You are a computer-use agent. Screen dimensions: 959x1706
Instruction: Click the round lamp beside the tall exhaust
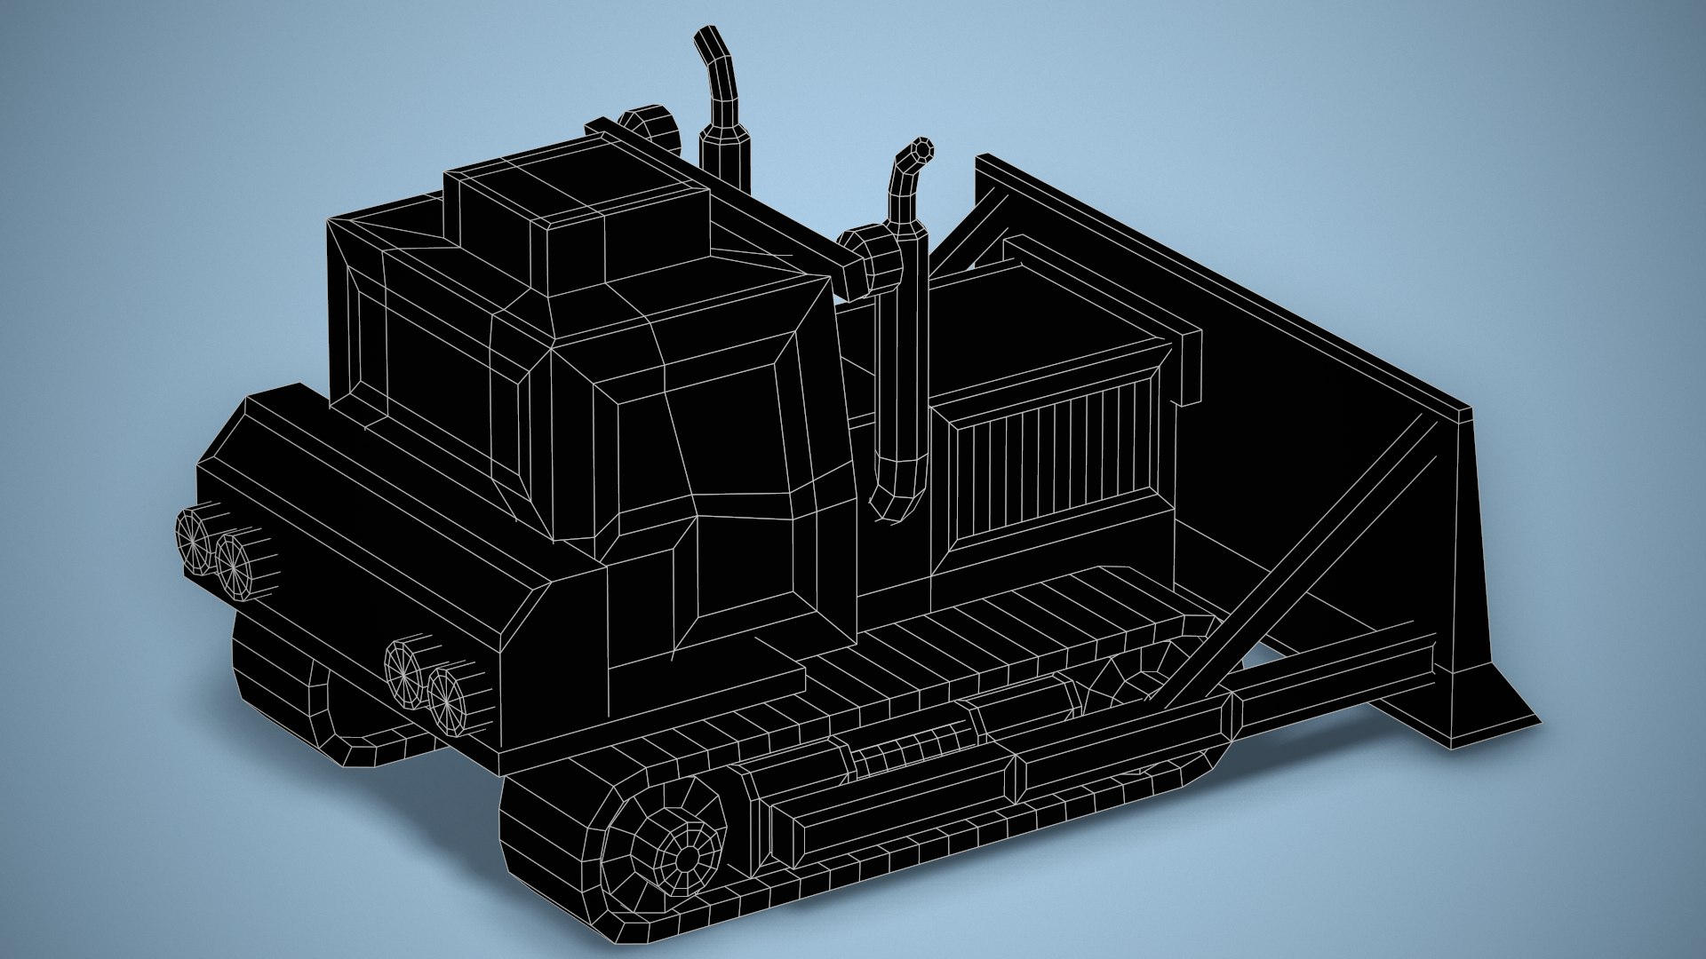coord(649,130)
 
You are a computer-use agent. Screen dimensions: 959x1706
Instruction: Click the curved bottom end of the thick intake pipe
coord(893,502)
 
